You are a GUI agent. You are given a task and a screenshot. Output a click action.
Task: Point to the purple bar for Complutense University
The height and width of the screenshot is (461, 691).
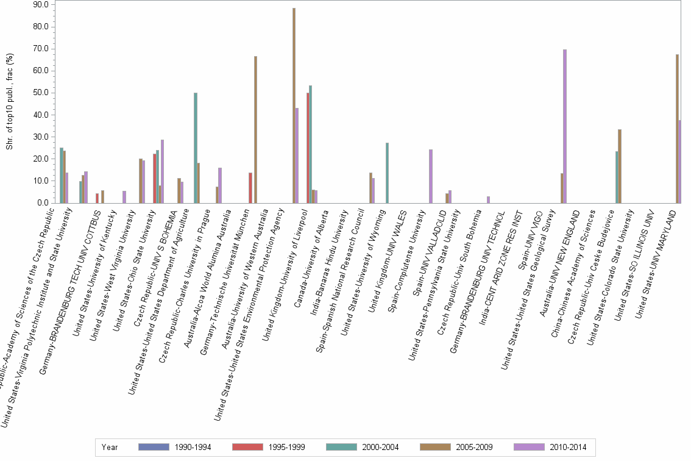[431, 176]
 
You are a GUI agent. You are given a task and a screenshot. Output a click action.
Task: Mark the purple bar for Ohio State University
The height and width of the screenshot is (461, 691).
[162, 171]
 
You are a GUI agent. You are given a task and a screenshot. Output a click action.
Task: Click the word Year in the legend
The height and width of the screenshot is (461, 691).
[110, 447]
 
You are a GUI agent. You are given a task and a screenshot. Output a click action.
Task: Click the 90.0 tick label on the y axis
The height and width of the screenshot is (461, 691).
[41, 5]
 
